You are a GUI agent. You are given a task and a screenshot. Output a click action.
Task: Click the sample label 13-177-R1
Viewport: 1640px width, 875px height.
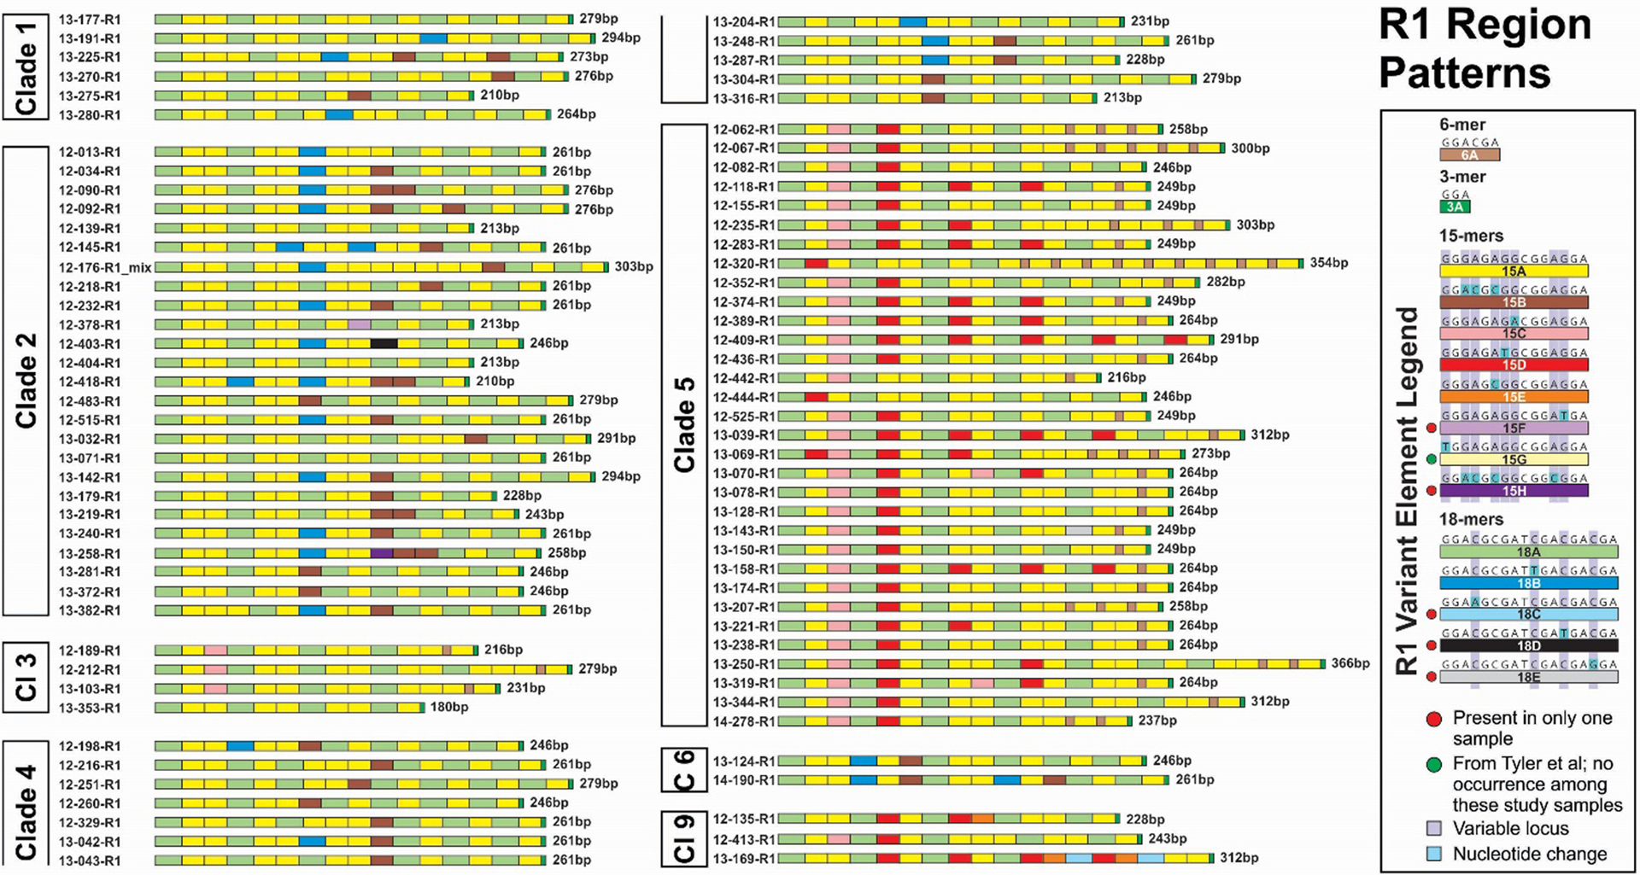click(90, 19)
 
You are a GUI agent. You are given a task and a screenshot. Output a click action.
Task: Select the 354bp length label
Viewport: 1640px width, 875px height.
click(1329, 263)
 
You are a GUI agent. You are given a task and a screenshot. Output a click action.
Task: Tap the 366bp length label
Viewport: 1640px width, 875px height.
click(1350, 663)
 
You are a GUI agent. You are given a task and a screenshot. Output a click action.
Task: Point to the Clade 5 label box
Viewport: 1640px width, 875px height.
click(684, 424)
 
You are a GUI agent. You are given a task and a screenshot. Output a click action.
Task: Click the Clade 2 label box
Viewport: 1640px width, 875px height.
click(26, 381)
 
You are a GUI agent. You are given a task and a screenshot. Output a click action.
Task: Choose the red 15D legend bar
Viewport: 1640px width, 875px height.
click(1514, 365)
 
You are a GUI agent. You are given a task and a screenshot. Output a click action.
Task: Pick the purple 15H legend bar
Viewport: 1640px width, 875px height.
click(1514, 491)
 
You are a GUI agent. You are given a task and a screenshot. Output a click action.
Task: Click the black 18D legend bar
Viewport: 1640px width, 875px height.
click(1528, 646)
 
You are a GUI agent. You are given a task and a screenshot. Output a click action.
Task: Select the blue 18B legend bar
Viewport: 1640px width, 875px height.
click(1528, 584)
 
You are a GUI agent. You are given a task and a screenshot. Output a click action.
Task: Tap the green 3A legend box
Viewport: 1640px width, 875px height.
click(1455, 207)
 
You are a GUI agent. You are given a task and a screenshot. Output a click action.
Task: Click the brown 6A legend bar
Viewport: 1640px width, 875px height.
click(1469, 155)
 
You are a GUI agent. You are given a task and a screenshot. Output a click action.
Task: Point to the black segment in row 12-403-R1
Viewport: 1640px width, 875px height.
click(384, 343)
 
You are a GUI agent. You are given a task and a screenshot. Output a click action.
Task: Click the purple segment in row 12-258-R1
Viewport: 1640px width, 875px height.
click(382, 553)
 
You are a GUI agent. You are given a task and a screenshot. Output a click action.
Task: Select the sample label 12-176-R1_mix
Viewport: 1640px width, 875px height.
click(105, 267)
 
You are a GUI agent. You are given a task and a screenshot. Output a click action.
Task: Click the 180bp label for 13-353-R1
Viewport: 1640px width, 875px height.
click(449, 707)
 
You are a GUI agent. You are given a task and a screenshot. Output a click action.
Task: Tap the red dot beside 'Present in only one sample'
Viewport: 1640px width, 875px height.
click(1434, 719)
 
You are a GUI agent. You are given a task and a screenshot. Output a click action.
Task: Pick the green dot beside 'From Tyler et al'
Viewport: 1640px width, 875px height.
click(1434, 764)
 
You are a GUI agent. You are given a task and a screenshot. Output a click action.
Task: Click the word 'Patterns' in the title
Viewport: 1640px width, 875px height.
click(1464, 73)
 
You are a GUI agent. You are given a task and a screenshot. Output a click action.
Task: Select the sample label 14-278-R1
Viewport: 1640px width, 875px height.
click(744, 721)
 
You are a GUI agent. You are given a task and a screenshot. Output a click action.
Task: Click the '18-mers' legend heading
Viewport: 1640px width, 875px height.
click(1471, 519)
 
